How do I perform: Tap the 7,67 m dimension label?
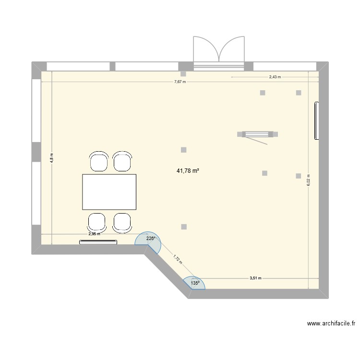(180, 82)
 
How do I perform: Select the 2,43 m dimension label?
(275, 77)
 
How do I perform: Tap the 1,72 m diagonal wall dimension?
(177, 260)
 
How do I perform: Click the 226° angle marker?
(151, 239)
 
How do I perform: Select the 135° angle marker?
(195, 283)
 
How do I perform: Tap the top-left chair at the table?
(98, 161)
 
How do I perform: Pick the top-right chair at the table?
(122, 161)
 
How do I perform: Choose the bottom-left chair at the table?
(96, 223)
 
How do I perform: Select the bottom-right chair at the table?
(122, 223)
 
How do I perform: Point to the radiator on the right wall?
(316, 120)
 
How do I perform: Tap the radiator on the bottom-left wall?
(98, 242)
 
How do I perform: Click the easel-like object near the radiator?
(258, 135)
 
